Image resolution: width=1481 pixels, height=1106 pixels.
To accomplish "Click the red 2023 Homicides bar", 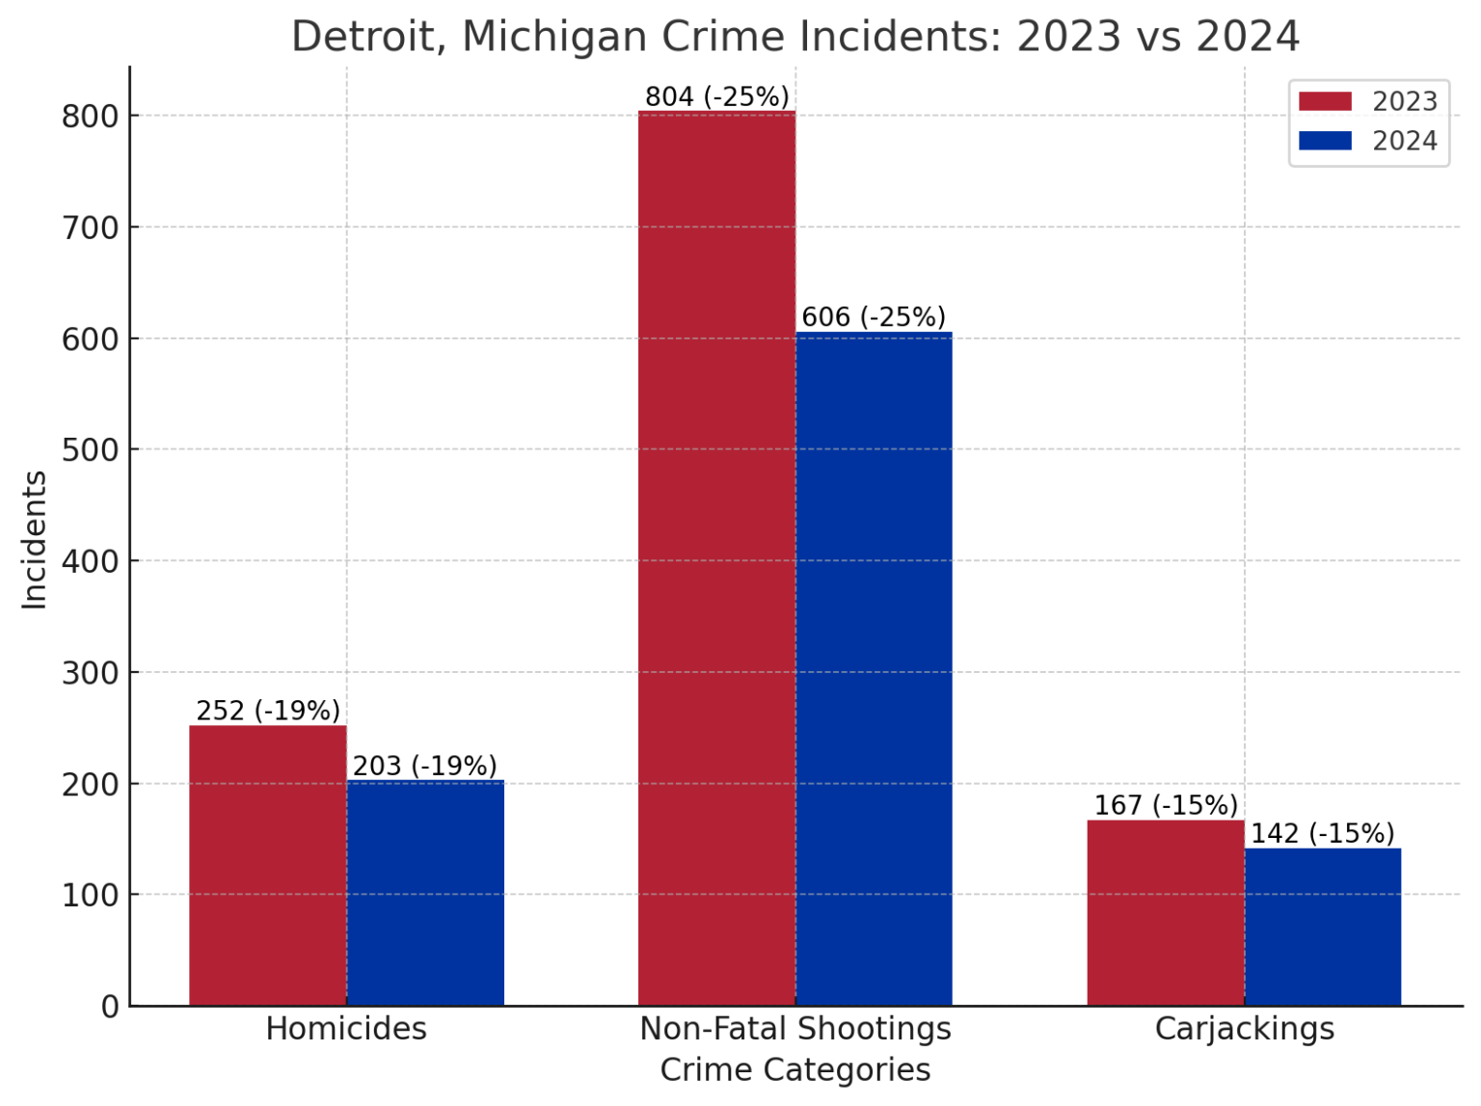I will (268, 865).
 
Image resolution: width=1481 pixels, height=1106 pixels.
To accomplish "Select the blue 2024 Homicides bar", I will (425, 892).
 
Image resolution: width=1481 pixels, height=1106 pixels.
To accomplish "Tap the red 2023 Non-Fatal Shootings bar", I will (716, 558).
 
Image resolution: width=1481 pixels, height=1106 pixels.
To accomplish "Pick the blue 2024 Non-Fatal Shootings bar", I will (874, 668).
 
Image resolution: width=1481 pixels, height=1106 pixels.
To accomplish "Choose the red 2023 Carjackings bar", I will (1166, 912).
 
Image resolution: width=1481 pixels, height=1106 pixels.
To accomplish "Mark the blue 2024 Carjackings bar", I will (1323, 927).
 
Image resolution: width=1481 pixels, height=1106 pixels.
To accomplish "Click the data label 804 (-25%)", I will (716, 97).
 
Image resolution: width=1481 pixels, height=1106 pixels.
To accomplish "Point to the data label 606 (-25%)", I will (874, 317).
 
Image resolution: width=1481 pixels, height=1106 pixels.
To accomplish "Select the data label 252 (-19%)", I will (268, 711).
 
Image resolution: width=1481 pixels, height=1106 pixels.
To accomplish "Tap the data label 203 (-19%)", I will (425, 766).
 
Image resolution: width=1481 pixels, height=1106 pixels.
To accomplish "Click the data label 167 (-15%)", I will (1166, 805).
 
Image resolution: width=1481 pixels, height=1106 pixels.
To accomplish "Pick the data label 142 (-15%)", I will (1323, 833).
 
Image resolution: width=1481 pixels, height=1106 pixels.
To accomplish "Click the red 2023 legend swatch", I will (1325, 101).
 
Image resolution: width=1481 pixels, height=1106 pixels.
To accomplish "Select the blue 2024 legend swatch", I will (1325, 141).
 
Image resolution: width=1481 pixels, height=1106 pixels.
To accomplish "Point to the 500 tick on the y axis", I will (90, 449).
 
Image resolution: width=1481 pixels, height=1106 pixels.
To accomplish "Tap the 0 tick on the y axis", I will (110, 1006).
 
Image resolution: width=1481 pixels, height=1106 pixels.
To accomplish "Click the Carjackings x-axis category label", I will (1244, 1029).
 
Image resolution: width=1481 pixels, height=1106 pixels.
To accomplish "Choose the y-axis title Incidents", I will (35, 540).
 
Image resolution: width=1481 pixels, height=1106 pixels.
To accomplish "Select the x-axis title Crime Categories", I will (795, 1070).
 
